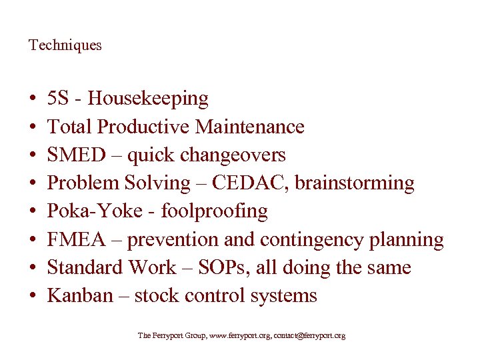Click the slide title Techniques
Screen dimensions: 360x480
click(x=65, y=45)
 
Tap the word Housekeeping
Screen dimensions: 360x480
click(x=148, y=99)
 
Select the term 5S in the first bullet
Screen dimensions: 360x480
click(x=58, y=99)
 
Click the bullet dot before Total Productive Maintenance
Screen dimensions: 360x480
click(x=33, y=127)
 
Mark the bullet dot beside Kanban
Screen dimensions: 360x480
click(x=33, y=296)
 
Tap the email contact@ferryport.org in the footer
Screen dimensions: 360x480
click(x=309, y=336)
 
